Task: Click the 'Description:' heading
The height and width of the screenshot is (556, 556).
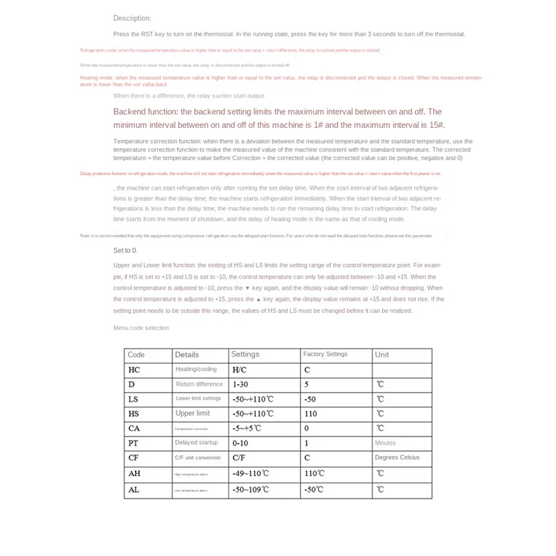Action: (x=132, y=18)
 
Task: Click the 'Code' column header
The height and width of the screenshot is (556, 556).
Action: (x=136, y=354)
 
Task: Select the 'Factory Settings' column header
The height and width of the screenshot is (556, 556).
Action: (x=325, y=354)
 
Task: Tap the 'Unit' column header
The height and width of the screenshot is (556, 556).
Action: (x=382, y=354)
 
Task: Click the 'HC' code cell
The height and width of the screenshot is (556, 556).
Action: (x=134, y=370)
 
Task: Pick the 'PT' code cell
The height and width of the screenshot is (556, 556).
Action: (x=133, y=443)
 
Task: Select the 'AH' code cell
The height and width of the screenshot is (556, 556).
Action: (x=134, y=473)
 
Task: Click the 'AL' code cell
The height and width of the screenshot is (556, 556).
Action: (x=134, y=489)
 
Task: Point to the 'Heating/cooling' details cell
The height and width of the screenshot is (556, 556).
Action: (x=196, y=370)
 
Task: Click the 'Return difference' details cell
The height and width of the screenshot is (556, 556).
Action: (x=199, y=384)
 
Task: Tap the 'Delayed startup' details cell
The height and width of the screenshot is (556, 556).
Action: (x=197, y=443)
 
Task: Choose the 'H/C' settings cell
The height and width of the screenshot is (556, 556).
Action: (x=240, y=370)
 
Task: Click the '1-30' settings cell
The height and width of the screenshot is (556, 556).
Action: (x=240, y=384)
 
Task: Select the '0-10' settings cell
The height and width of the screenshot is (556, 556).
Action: (x=240, y=443)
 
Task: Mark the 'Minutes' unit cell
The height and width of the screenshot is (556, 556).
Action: (x=385, y=443)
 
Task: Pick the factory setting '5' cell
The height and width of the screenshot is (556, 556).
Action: (x=306, y=384)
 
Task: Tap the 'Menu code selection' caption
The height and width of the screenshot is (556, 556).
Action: (x=141, y=328)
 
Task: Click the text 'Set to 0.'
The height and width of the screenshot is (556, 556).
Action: (x=125, y=250)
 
